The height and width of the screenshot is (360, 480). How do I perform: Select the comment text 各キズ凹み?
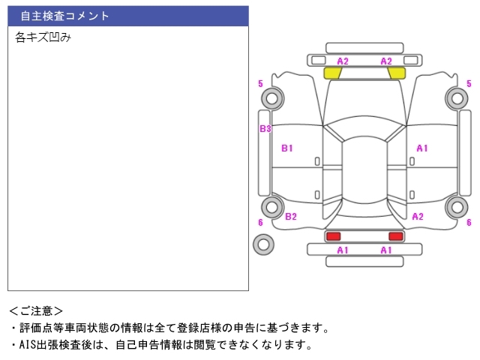(x=43, y=37)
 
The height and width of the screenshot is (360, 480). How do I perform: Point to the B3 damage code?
(x=265, y=129)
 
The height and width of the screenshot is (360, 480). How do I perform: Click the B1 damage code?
(x=286, y=148)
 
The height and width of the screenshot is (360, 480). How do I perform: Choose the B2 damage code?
(x=291, y=217)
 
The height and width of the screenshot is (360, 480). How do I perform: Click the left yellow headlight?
(x=332, y=73)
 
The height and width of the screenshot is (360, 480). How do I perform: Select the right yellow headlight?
(x=397, y=73)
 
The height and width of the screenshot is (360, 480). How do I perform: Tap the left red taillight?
(x=333, y=236)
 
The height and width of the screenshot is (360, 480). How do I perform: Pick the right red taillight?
(x=395, y=236)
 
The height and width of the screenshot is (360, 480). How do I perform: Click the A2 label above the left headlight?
(x=343, y=61)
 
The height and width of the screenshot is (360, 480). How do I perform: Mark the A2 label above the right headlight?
(x=386, y=61)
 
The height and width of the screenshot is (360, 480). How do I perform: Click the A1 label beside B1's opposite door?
(x=421, y=148)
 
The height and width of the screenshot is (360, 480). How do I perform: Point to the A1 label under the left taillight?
(x=342, y=250)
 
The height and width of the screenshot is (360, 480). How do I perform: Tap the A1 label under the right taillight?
(x=386, y=250)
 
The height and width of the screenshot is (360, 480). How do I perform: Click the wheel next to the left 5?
(x=273, y=97)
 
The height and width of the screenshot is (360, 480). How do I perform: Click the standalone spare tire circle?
(x=263, y=244)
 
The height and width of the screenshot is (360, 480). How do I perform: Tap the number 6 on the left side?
(x=260, y=222)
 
